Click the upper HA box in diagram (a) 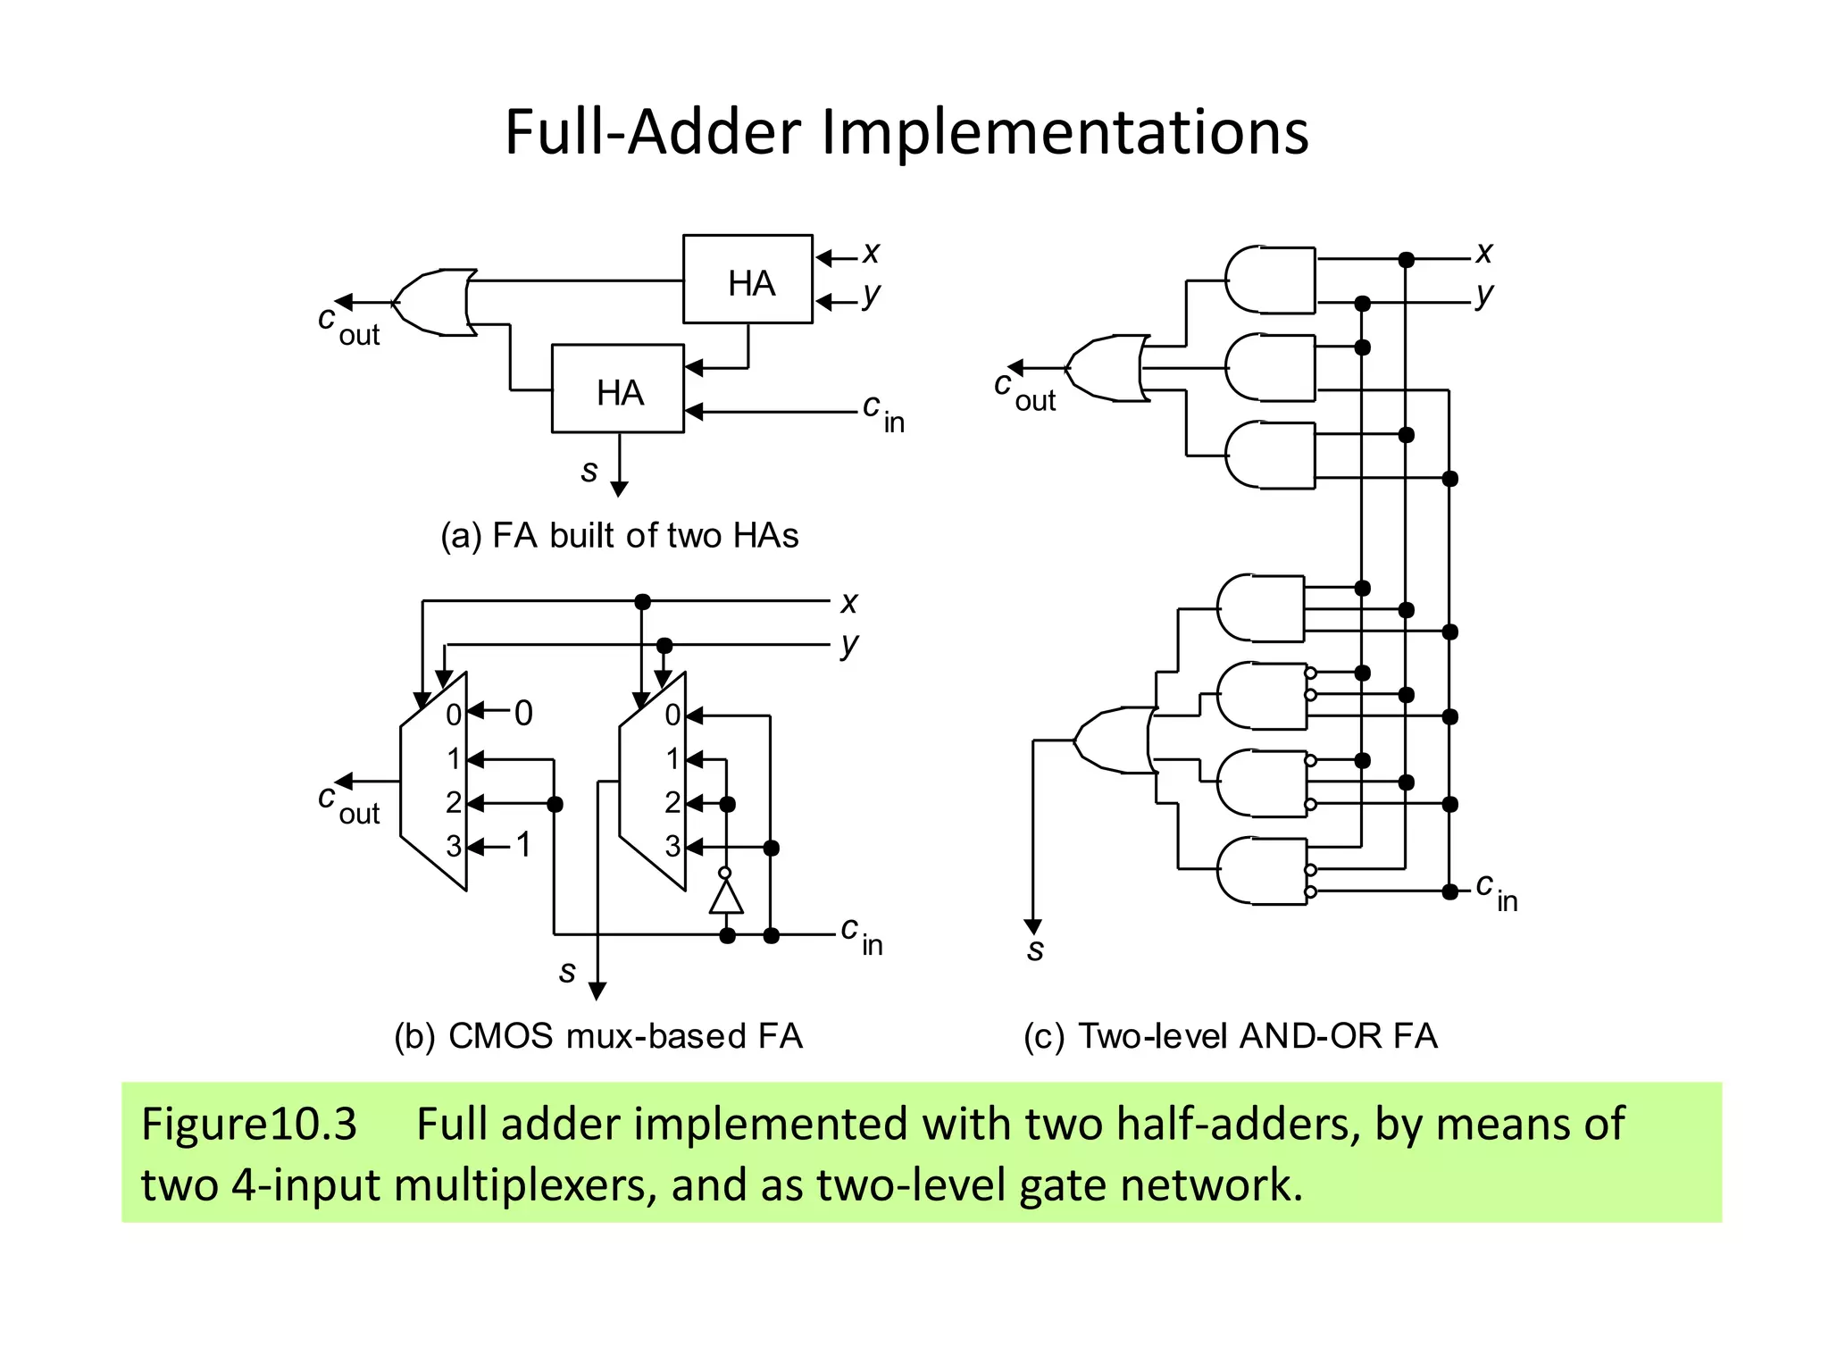coord(747,280)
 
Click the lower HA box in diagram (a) coord(618,389)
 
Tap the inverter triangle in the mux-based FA coord(726,896)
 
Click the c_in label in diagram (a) coord(882,413)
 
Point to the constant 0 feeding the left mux coord(523,713)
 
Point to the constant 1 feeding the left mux coord(523,844)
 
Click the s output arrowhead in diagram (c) coord(1033,927)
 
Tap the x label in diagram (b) coord(848,603)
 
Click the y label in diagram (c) coord(1484,295)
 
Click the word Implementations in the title coord(1065,132)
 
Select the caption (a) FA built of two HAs coord(619,535)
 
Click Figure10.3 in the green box coord(249,1124)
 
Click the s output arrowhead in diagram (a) coord(619,489)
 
